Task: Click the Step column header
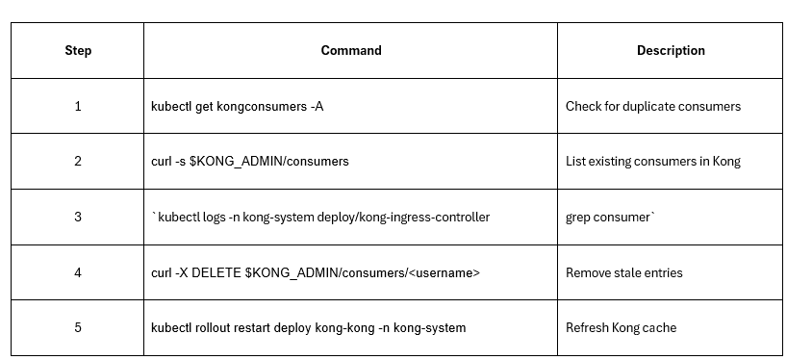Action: (78, 50)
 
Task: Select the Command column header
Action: (350, 50)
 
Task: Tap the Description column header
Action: (671, 50)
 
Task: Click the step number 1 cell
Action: (78, 106)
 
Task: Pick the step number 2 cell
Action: (78, 162)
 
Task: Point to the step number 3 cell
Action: (78, 217)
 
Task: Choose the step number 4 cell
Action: (78, 272)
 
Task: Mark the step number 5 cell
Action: (78, 327)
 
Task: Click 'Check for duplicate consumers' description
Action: (653, 106)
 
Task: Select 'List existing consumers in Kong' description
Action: (653, 162)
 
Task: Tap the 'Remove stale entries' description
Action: (624, 272)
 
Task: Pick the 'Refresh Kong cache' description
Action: (621, 327)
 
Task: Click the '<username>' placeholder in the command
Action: (446, 272)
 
